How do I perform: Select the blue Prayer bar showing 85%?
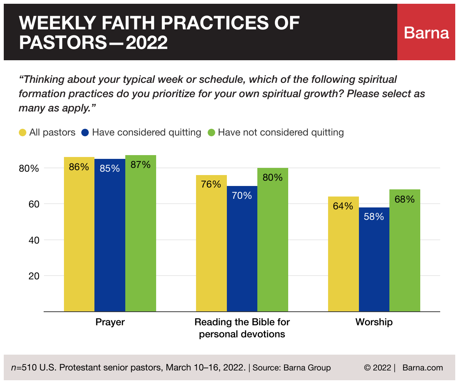click(110, 235)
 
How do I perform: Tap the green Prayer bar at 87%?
click(141, 233)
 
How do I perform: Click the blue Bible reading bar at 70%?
click(242, 249)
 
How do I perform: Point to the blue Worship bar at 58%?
click(374, 259)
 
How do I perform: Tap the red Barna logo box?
click(426, 32)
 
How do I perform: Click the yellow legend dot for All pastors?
click(23, 133)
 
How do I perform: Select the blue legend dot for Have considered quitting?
click(85, 133)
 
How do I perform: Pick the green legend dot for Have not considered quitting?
click(211, 133)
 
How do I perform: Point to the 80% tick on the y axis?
click(29, 168)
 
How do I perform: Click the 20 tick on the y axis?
click(34, 276)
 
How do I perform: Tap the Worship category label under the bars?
click(374, 322)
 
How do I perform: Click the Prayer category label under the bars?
click(110, 322)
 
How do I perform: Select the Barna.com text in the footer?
click(423, 367)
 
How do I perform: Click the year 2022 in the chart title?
click(147, 43)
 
